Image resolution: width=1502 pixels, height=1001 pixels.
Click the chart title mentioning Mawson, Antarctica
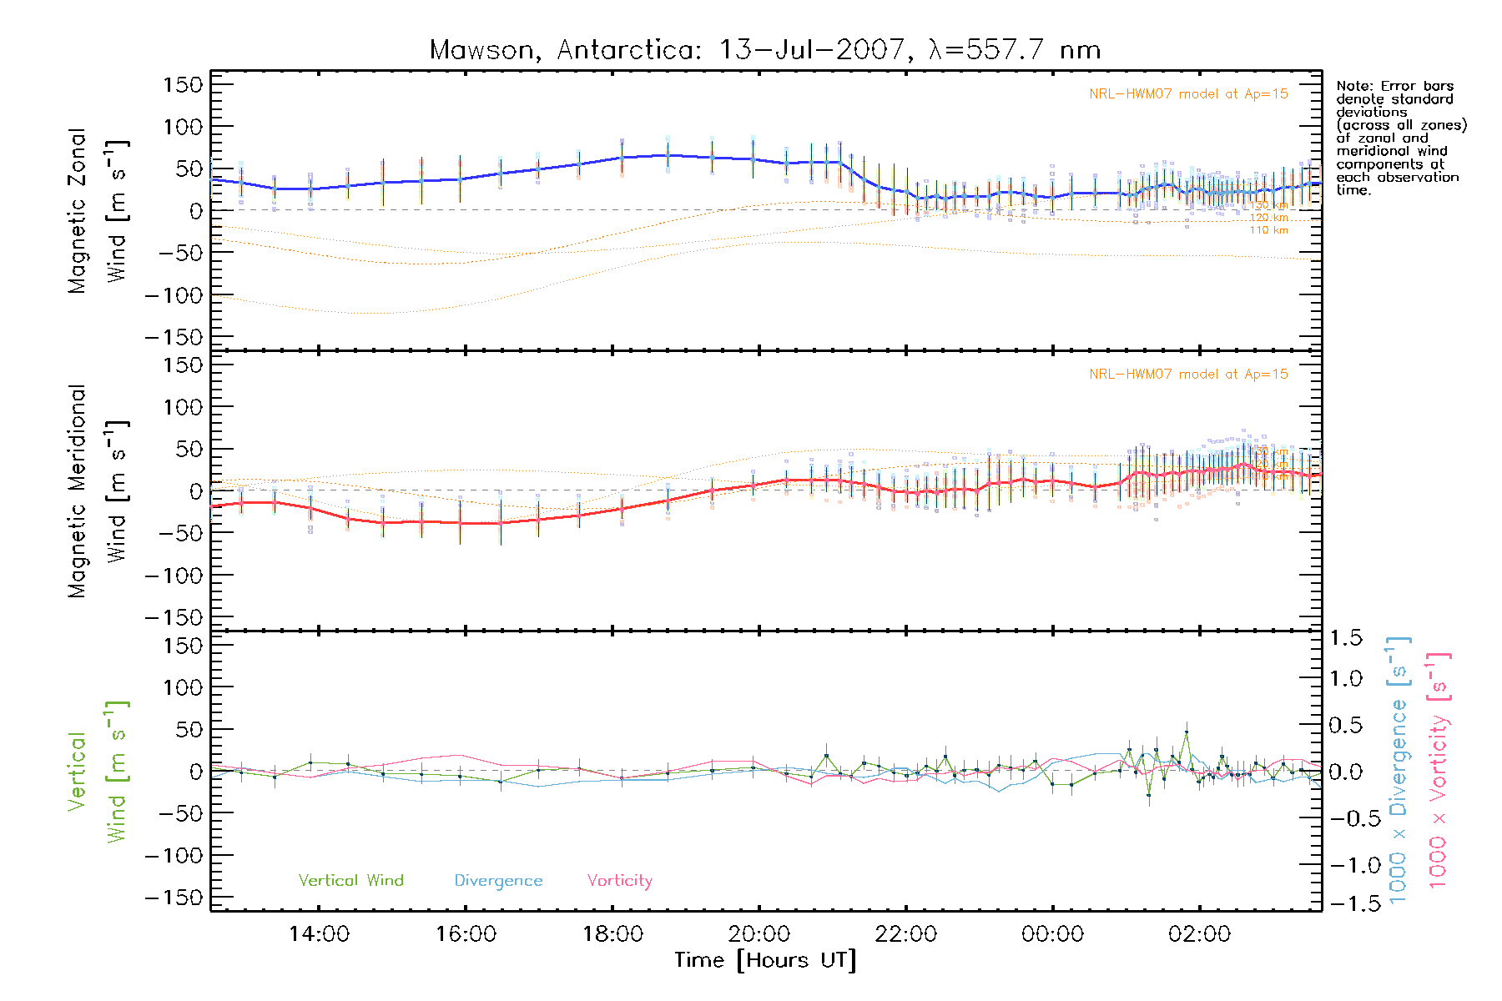pyautogui.click(x=764, y=50)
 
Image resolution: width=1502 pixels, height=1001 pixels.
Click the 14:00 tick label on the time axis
pyautogui.click(x=319, y=933)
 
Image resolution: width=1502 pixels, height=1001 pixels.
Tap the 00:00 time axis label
pyautogui.click(x=1052, y=933)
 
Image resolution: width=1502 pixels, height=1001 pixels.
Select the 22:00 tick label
pyautogui.click(x=906, y=933)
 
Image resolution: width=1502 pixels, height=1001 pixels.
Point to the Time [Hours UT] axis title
pyautogui.click(x=764, y=960)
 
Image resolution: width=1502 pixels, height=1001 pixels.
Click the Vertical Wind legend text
pyautogui.click(x=350, y=880)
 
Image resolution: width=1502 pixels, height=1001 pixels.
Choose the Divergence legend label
pyautogui.click(x=498, y=880)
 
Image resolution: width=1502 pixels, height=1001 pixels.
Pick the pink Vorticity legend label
pyautogui.click(x=619, y=880)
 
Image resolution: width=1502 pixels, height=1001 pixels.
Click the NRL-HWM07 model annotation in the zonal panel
pyautogui.click(x=1188, y=93)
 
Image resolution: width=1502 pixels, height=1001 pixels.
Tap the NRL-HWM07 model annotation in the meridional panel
pyautogui.click(x=1188, y=374)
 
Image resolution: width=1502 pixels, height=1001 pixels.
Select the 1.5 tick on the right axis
pyautogui.click(x=1345, y=638)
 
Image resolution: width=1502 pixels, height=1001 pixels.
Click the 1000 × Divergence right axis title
pyautogui.click(x=1399, y=770)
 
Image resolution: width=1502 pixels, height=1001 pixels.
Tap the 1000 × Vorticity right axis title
pyautogui.click(x=1438, y=770)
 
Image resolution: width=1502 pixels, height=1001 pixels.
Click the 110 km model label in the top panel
pyautogui.click(x=1268, y=230)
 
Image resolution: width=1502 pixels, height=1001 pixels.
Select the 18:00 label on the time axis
pyautogui.click(x=612, y=933)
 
